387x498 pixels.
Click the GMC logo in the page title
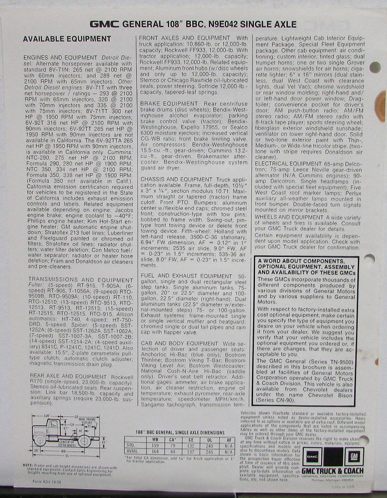[x=104, y=23]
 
